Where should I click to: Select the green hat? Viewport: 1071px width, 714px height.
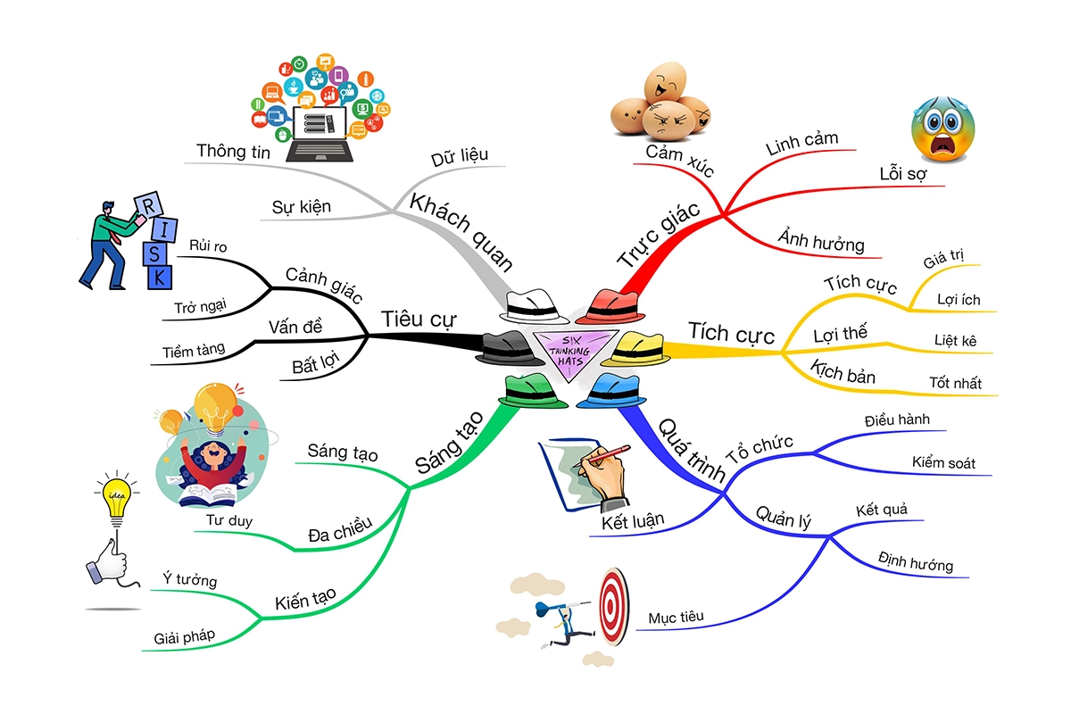[x=531, y=391]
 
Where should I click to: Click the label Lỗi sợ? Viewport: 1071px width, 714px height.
[x=902, y=174]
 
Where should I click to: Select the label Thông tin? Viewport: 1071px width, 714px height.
[x=233, y=151]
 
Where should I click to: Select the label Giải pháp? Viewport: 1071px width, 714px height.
[x=185, y=635]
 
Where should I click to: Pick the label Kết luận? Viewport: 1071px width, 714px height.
[x=633, y=521]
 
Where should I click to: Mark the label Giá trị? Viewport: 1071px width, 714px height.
[x=944, y=263]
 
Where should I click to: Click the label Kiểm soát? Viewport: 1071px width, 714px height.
[x=943, y=463]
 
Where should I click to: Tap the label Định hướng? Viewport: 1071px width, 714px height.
[x=915, y=564]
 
